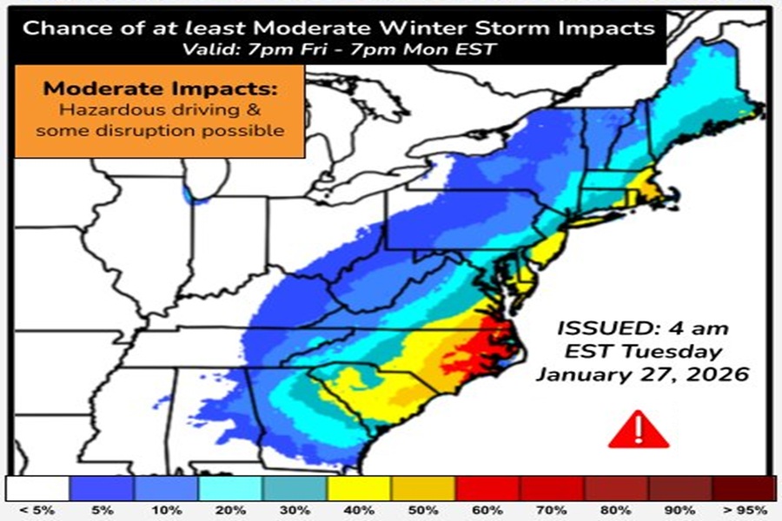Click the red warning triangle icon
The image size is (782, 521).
pos(638,431)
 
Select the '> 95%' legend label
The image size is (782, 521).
pos(744,508)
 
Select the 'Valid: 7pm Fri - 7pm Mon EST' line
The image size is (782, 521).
pos(340,49)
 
